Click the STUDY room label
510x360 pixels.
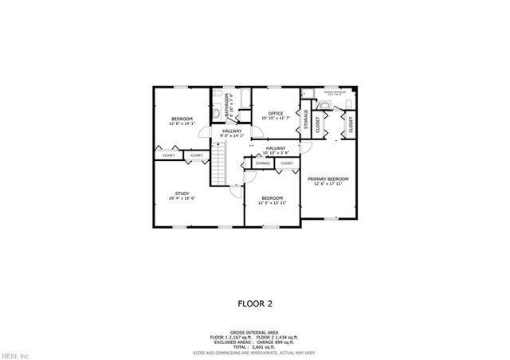tap(182, 194)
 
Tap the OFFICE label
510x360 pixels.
tap(276, 113)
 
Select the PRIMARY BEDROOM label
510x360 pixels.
tap(328, 178)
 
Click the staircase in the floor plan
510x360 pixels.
tap(219, 162)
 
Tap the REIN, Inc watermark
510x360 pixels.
tap(15, 354)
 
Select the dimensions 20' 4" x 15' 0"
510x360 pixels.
tap(182, 198)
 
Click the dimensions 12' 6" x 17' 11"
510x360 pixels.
tap(328, 184)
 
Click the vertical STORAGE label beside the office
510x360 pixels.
tap(306, 122)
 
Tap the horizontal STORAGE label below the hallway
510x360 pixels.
tap(263, 163)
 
